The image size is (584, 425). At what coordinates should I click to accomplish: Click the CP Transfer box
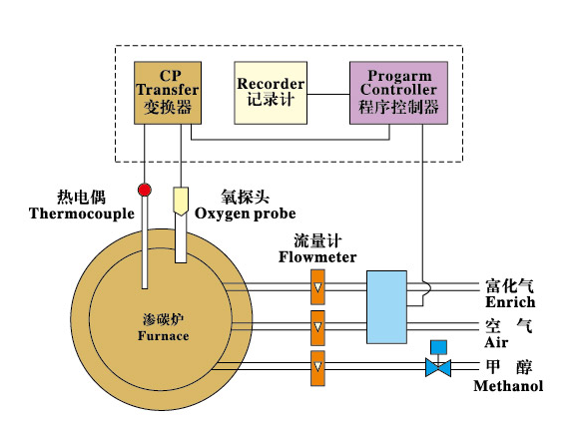pyautogui.click(x=168, y=93)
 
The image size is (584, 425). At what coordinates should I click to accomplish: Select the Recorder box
pyautogui.click(x=271, y=93)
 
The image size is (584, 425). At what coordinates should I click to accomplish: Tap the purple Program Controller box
pyautogui.click(x=398, y=93)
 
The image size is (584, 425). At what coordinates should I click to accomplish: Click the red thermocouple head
pyautogui.click(x=145, y=190)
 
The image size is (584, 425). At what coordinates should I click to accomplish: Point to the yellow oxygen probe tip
pyautogui.click(x=181, y=202)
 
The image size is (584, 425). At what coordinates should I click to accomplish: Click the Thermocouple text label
pyautogui.click(x=82, y=213)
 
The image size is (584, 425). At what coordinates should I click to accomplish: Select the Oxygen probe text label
pyautogui.click(x=245, y=213)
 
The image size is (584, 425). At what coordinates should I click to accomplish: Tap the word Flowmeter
pyautogui.click(x=317, y=257)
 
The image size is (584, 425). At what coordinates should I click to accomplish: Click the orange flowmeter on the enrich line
pyautogui.click(x=317, y=287)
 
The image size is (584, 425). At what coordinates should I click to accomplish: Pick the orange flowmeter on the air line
pyautogui.click(x=317, y=328)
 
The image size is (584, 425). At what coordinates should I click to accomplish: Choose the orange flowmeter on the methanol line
pyautogui.click(x=317, y=368)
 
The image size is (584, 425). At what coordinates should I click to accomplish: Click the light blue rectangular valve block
pyautogui.click(x=386, y=307)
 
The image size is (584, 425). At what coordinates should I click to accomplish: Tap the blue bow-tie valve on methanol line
pyautogui.click(x=438, y=368)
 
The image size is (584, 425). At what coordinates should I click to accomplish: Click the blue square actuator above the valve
pyautogui.click(x=438, y=347)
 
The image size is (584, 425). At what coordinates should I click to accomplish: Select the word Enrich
pyautogui.click(x=510, y=302)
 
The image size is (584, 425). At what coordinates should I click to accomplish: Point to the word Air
pyautogui.click(x=496, y=342)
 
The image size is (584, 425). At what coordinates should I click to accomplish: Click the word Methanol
pyautogui.click(x=508, y=385)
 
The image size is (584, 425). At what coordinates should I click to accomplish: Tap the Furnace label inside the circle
pyautogui.click(x=163, y=335)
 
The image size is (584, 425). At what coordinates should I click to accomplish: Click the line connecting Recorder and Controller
pyautogui.click(x=328, y=94)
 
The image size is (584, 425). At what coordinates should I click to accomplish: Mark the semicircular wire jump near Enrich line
pyautogui.click(x=428, y=287)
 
